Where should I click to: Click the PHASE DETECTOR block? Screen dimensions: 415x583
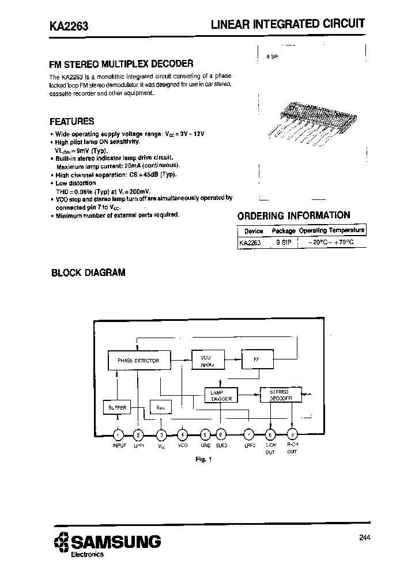click(138, 361)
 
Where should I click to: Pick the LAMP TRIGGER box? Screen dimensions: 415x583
click(221, 395)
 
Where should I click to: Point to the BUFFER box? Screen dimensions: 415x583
click(117, 407)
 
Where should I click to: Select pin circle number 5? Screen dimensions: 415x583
click(205, 435)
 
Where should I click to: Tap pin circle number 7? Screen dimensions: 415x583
click(249, 435)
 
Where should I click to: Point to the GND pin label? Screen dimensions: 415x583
click(205, 445)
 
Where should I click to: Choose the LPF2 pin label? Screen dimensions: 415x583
click(249, 445)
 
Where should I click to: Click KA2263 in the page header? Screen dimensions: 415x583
click(65, 25)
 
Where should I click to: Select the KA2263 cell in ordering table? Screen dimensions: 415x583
click(250, 243)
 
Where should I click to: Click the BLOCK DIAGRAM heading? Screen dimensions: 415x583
click(88, 273)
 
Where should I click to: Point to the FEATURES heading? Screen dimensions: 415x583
click(71, 122)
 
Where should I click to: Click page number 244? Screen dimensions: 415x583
click(364, 538)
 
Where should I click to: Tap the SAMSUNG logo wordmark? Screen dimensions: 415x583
click(115, 542)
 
